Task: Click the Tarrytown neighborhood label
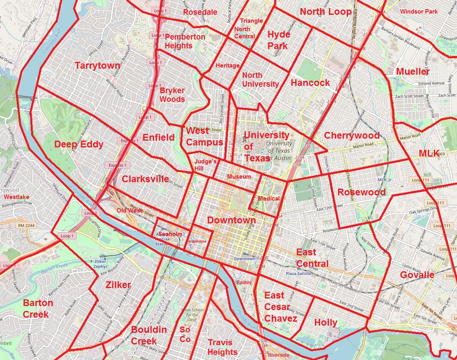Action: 97,66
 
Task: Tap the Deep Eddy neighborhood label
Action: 79,145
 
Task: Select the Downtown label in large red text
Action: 231,220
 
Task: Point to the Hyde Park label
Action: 279,40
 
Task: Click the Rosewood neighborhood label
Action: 361,192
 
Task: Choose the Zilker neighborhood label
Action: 118,285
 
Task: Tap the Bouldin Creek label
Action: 149,335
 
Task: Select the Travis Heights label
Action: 222,347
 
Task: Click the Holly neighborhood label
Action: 326,322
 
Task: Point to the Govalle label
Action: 417,275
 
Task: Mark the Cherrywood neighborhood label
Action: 352,135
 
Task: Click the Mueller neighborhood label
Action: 413,72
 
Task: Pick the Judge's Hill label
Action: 205,165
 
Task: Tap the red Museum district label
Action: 239,177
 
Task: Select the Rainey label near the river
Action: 244,282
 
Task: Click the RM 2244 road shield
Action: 27,226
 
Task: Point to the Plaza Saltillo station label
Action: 298,274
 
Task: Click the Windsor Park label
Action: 419,12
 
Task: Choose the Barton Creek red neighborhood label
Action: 38,308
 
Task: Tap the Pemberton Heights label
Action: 185,41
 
